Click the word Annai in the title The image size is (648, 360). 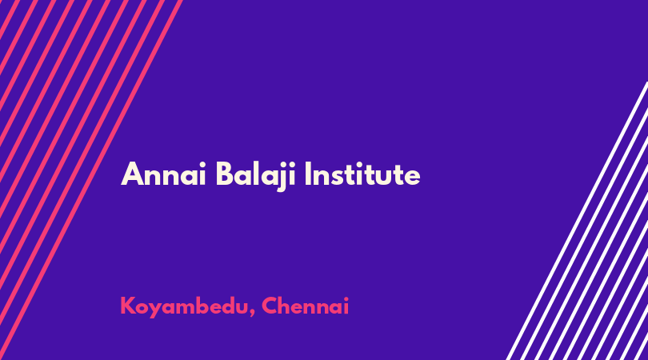coord(164,174)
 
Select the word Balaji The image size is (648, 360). coord(256,176)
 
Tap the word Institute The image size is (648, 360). coord(362,174)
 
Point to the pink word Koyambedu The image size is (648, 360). coord(185,306)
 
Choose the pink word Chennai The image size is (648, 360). coord(306,306)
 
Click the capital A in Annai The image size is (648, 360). coord(132,174)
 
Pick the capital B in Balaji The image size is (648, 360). coord(225,174)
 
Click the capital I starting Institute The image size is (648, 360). coord(307,174)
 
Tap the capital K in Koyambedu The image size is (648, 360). coord(127,306)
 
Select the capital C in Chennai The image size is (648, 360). coord(270,306)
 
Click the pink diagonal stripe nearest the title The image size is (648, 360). coord(91,180)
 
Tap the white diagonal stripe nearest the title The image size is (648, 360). coord(577,221)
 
